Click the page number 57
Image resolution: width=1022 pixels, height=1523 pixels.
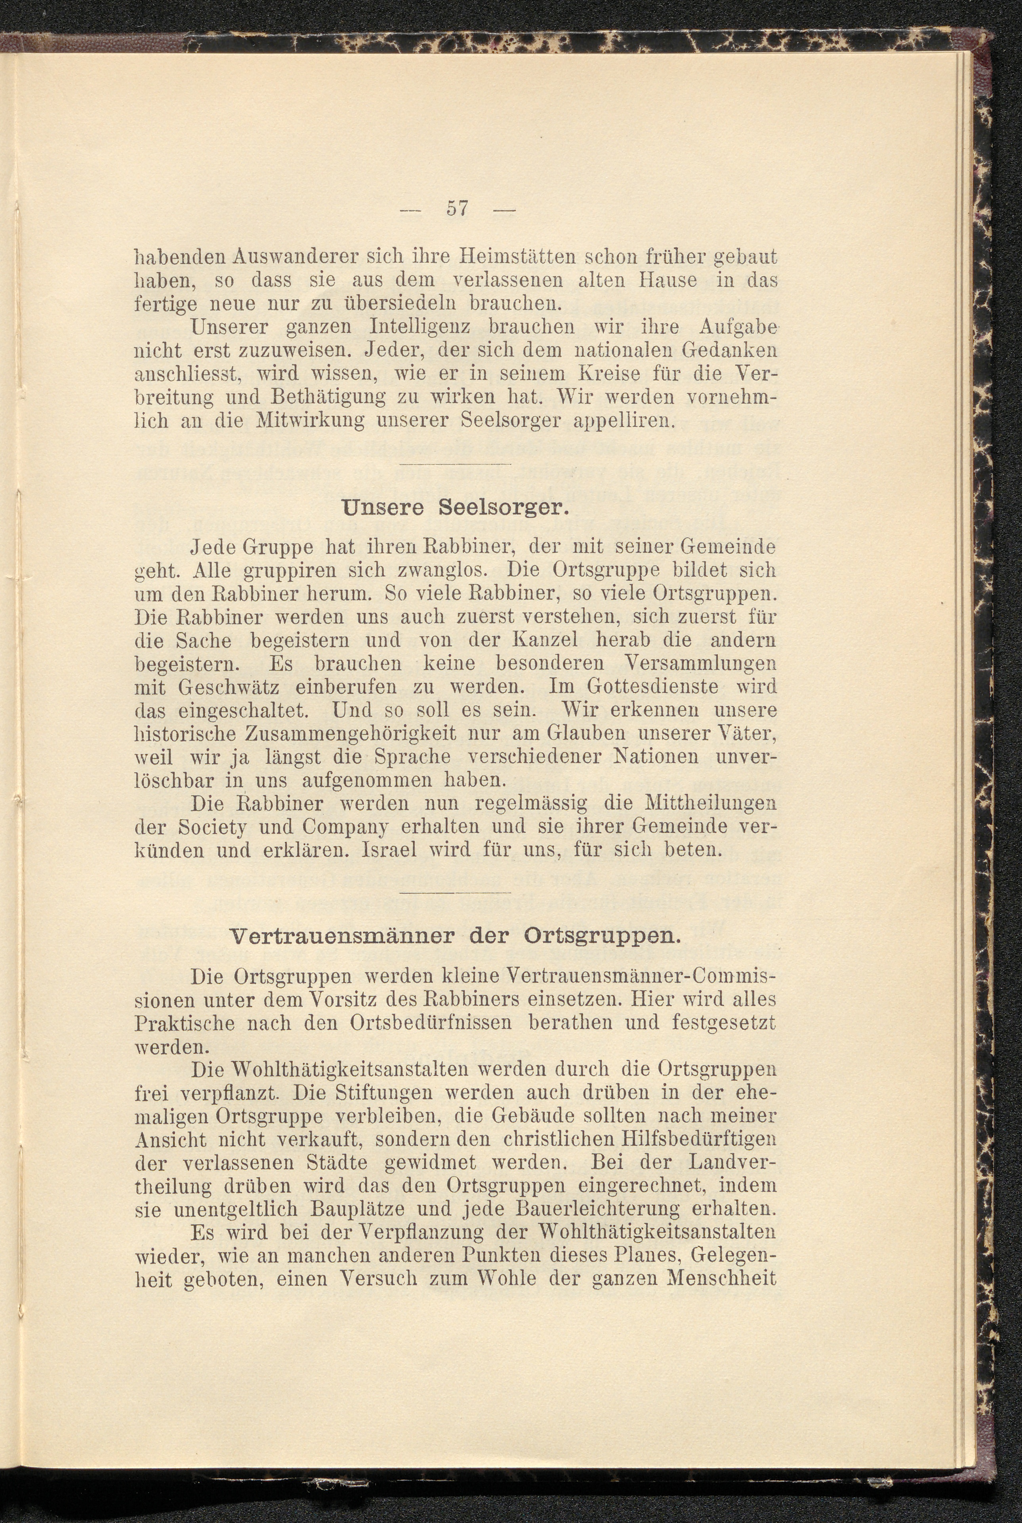pos(457,209)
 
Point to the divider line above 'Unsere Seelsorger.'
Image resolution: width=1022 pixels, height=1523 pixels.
pos(454,464)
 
